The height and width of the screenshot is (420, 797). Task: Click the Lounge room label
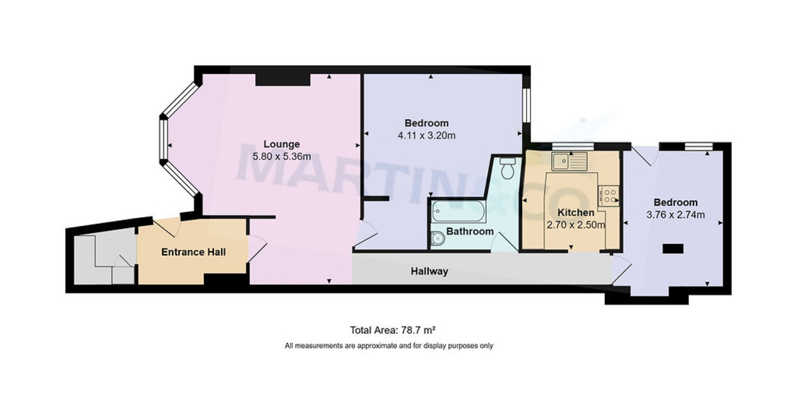(x=282, y=144)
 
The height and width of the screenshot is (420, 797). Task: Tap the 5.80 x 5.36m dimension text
(x=282, y=157)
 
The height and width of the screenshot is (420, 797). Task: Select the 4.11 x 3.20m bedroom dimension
(x=426, y=136)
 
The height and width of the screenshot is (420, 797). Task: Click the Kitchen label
(x=575, y=213)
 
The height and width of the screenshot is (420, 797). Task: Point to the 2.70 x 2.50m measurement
(x=575, y=225)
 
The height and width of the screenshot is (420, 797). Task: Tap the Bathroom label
(x=470, y=232)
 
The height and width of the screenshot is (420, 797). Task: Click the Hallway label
(x=429, y=271)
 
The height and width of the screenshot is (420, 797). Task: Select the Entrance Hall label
(x=193, y=253)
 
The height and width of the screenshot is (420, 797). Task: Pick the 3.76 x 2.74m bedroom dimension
(x=675, y=215)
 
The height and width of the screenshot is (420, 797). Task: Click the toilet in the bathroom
(x=508, y=169)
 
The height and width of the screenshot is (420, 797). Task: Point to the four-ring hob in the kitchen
(x=609, y=195)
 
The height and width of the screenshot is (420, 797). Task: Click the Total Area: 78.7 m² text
(x=392, y=330)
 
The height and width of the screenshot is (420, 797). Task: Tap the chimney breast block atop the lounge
(x=283, y=79)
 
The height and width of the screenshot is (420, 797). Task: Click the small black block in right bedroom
(x=673, y=249)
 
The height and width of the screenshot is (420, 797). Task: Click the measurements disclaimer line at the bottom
(x=389, y=346)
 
